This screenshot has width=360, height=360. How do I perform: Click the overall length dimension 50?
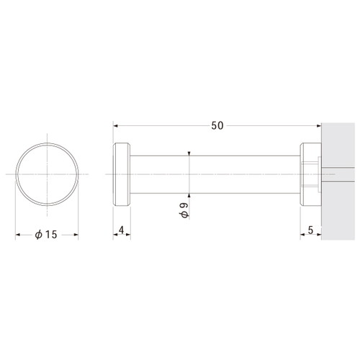(x=217, y=125)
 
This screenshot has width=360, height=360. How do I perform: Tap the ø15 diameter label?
(x=46, y=235)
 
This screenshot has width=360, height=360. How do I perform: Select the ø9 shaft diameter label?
(x=184, y=210)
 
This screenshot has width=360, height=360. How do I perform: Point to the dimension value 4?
(x=122, y=230)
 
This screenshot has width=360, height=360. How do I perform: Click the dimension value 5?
(x=310, y=230)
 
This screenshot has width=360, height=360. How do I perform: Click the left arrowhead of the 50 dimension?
(x=115, y=125)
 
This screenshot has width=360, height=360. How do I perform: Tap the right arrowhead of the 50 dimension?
(x=319, y=125)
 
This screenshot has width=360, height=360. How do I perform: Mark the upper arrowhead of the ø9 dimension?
(x=189, y=153)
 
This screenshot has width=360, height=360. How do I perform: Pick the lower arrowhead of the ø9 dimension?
(x=189, y=195)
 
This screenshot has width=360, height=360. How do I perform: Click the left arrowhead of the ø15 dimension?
(x=17, y=235)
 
